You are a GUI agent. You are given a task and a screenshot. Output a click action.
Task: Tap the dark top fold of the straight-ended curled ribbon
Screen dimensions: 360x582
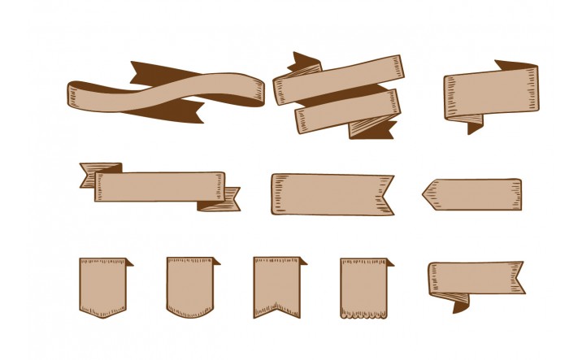514,65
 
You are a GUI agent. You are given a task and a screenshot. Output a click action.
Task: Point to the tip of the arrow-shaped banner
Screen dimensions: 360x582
424,193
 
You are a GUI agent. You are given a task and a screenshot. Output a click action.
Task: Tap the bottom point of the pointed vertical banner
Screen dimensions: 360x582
102,315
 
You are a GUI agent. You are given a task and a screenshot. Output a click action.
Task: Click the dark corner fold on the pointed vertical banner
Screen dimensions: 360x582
128,262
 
